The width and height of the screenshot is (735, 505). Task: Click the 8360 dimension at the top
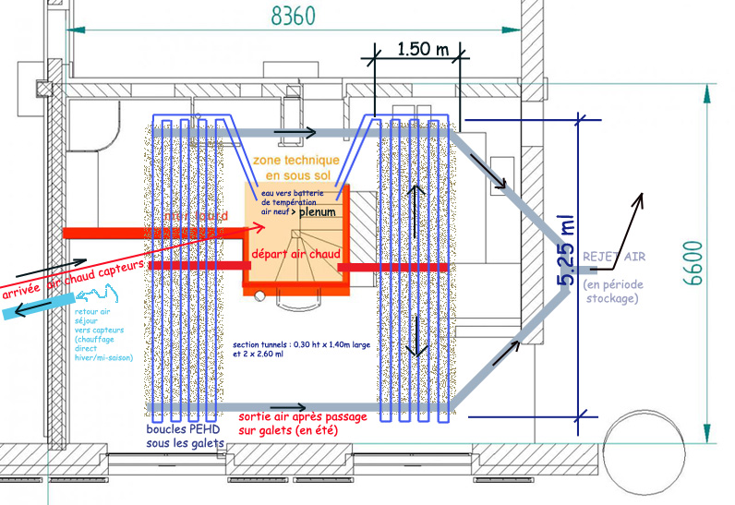click(293, 17)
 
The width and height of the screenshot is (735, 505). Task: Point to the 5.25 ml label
click(564, 250)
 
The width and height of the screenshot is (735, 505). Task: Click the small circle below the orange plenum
click(259, 295)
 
